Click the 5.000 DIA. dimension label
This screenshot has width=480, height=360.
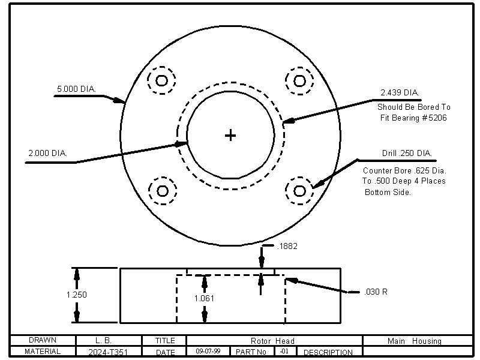[x=76, y=89]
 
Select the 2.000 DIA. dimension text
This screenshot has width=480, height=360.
[x=47, y=154]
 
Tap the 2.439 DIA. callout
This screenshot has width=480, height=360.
[x=400, y=93]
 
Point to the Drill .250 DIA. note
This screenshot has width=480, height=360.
[x=407, y=154]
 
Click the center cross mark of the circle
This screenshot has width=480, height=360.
[x=230, y=136]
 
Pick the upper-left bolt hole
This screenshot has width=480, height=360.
[x=162, y=80]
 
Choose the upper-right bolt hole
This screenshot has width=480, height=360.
[x=299, y=80]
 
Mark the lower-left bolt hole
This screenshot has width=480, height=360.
[x=162, y=191]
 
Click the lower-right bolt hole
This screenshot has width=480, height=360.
[x=299, y=191]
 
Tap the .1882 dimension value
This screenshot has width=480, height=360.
[x=288, y=246]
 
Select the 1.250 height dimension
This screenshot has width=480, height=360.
[x=76, y=295]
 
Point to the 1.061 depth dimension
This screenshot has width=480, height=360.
[x=204, y=298]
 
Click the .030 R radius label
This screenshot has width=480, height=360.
[x=376, y=292]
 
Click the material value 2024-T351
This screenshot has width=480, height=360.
[x=108, y=352]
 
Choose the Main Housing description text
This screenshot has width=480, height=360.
[x=414, y=341]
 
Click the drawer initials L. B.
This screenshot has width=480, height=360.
[x=103, y=340]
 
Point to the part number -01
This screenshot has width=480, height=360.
[x=284, y=351]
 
